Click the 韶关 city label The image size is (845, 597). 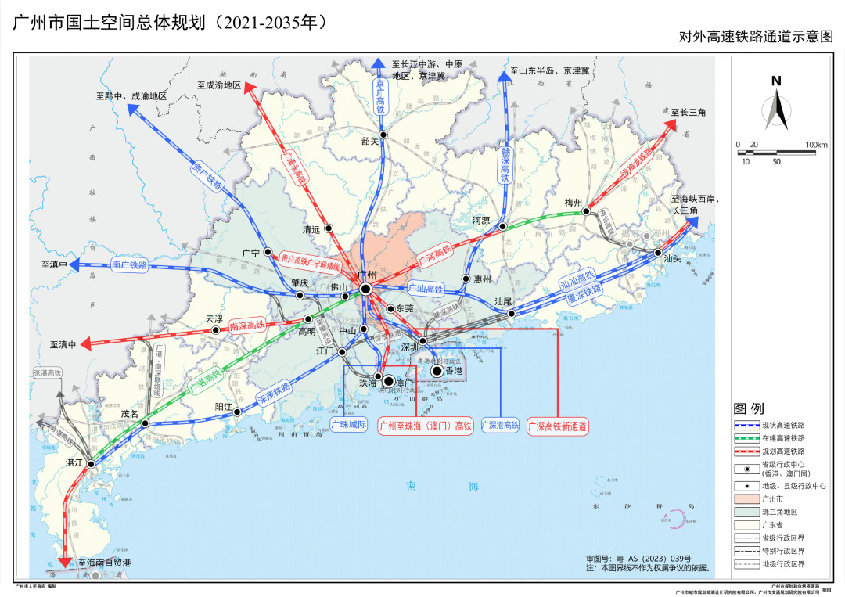pos(369,142)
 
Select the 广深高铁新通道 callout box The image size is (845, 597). pos(558,426)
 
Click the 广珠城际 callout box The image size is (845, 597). pos(348,426)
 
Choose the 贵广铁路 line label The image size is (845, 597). pos(207,177)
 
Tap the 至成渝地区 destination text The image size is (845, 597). pos(219,85)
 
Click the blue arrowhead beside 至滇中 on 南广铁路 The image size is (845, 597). pos(75,265)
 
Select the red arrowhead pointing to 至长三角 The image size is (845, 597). pos(672,124)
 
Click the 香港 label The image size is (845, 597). pos(455,371)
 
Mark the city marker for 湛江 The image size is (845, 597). pos(92,464)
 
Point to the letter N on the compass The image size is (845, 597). pos(776,81)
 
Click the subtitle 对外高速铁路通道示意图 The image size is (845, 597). pos(755,37)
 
